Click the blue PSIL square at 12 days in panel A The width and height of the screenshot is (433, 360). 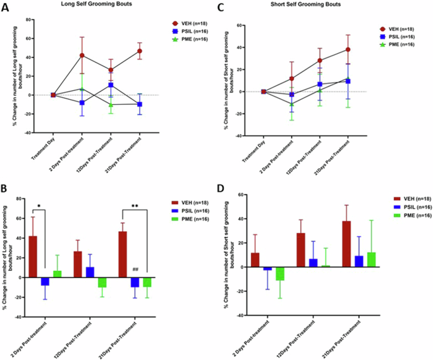[x=111, y=85]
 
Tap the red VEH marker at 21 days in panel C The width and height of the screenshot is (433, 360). [x=348, y=49]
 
